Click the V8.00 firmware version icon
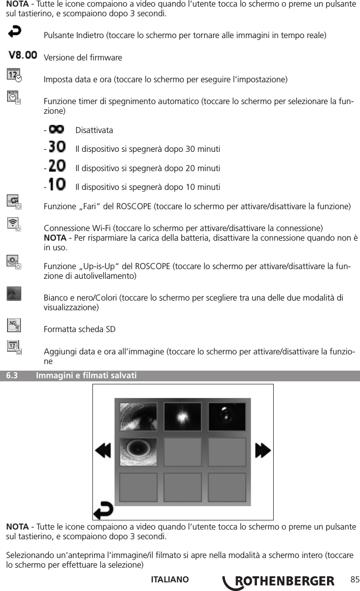pyautogui.click(x=22, y=54)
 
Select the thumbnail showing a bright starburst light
pyautogui.click(x=182, y=416)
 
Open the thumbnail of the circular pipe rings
pyautogui.click(x=138, y=452)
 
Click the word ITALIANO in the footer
pyautogui.click(x=170, y=580)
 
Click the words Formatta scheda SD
pyautogui.click(x=80, y=330)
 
